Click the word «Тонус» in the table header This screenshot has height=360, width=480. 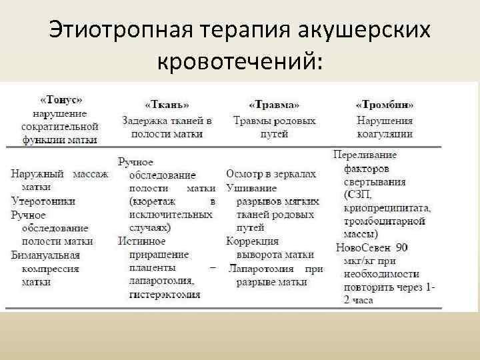tap(61, 100)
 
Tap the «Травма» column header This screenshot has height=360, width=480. tap(274, 105)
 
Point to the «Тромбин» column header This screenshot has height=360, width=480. tap(385, 105)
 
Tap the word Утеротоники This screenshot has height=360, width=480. tap(43, 201)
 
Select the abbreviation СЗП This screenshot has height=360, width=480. tap(359, 195)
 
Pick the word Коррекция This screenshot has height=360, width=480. tap(253, 241)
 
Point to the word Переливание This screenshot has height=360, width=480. tap(365, 155)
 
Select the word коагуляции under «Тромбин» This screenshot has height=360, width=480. tap(385, 133)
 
